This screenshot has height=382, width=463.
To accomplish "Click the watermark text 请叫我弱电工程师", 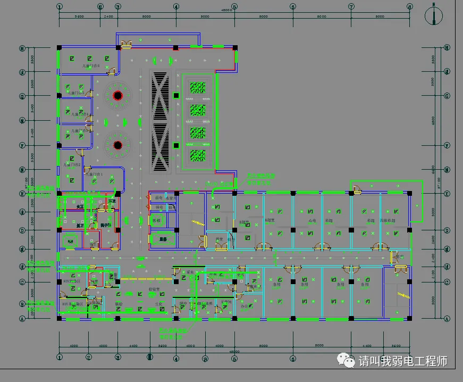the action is pos(403,362).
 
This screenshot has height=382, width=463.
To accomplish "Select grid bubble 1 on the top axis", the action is pos(59,7).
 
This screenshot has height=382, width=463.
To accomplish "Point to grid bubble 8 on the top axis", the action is pos(409,7).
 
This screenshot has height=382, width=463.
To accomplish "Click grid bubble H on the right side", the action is pos(447,48).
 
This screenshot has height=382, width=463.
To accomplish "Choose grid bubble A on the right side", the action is pos(447,319).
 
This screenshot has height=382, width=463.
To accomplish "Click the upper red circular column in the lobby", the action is pos(117,96).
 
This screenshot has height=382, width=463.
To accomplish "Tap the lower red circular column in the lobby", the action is pos(117,145).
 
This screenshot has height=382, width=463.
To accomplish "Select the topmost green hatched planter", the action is pos(199,87).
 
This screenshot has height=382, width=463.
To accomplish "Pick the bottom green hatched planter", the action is pos(199,155).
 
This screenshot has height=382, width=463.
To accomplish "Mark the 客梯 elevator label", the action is pos(156,220).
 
